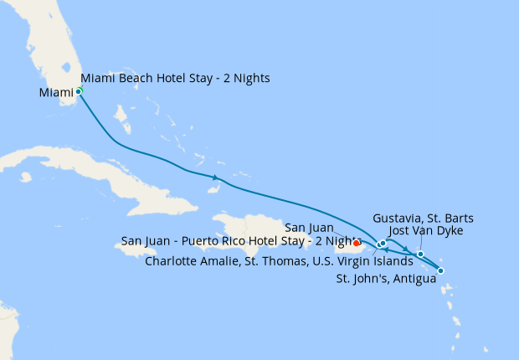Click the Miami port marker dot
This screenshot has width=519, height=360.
pos(79,90)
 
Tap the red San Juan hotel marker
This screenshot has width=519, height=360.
pos(357,244)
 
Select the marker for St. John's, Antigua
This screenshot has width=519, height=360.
pos(440,270)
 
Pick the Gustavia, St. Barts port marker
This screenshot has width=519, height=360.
pos(420,254)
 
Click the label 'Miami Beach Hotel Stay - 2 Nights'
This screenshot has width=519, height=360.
pos(175,79)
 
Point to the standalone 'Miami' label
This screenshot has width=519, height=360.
pos(55,92)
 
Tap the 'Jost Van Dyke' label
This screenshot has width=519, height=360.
pos(426,230)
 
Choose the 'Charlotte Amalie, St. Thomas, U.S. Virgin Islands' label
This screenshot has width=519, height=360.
pos(279,260)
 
